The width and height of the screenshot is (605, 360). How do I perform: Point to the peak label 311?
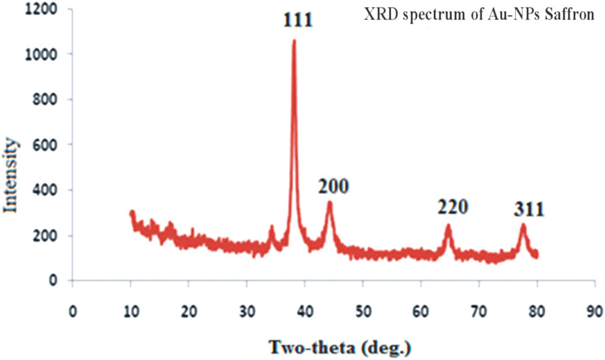click(x=528, y=210)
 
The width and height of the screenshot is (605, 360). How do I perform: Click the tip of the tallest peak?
click(x=294, y=40)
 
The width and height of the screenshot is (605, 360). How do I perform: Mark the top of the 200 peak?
click(x=329, y=202)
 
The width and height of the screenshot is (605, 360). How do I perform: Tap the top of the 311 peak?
click(x=523, y=225)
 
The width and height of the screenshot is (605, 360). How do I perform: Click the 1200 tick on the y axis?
click(x=43, y=10)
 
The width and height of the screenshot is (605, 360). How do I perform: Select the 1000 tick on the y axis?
click(x=43, y=55)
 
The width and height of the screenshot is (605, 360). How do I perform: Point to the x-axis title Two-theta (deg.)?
click(x=339, y=345)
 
